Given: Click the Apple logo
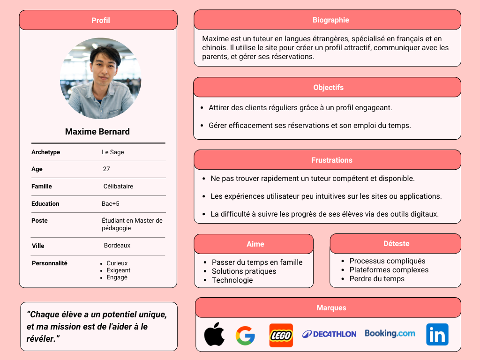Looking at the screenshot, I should click(214, 334).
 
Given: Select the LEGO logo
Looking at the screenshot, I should click(281, 335).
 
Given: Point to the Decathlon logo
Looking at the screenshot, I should click(329, 334).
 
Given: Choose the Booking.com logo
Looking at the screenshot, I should click(390, 334).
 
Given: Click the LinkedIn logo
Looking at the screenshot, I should click(437, 335).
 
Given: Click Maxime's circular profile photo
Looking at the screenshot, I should click(100, 78).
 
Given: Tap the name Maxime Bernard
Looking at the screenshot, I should click(97, 132).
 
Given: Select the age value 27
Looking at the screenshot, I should click(106, 169).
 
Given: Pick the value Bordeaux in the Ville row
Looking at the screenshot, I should click(117, 246).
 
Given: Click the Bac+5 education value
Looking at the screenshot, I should click(111, 204).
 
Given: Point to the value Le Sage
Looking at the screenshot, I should click(113, 152).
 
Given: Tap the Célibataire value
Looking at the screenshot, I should click(118, 187).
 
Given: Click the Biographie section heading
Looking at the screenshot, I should click(330, 20).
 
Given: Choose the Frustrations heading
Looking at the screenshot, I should click(331, 160).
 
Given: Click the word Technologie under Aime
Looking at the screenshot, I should click(232, 280).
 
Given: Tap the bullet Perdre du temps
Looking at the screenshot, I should click(377, 279).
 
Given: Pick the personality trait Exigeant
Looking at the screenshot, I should click(119, 270).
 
